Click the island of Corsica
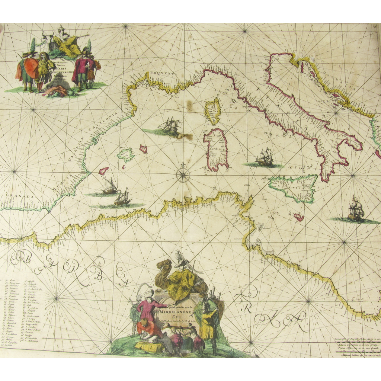(213, 111)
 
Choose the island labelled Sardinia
(216, 149)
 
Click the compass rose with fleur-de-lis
(183, 175)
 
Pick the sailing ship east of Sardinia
(265, 157)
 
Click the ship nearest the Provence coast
(170, 125)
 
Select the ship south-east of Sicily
(356, 211)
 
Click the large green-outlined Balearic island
(126, 155)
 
